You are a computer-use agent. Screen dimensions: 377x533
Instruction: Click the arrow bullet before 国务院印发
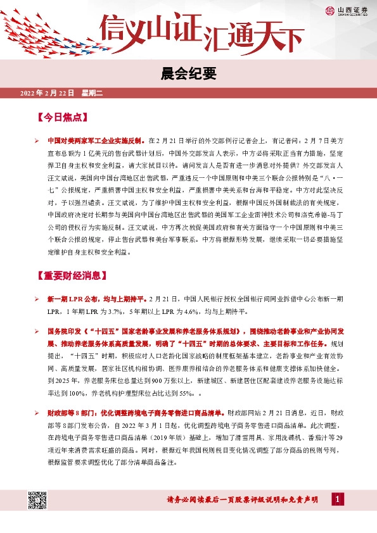coord(37,331)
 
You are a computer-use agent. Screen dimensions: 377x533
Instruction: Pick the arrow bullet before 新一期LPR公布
coord(37,298)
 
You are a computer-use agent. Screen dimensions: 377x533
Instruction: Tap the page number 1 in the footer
coord(338,499)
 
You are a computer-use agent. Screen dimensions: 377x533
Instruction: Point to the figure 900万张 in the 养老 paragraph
coord(163,380)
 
